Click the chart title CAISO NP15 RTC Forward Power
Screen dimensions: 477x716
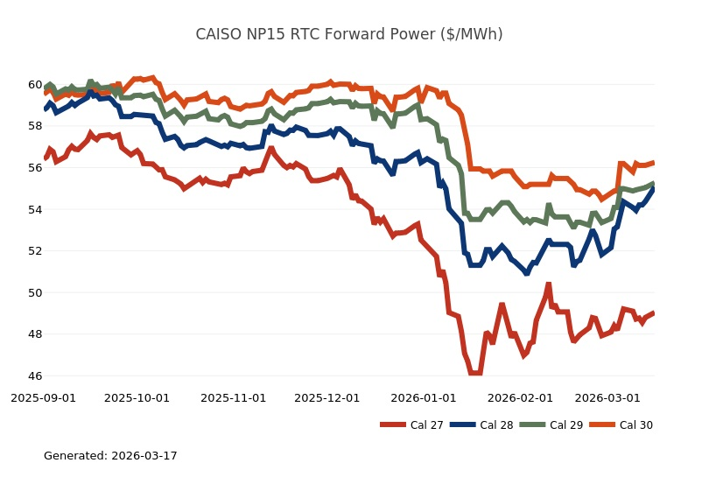click(x=348, y=35)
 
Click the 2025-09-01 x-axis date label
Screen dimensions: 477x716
click(x=43, y=397)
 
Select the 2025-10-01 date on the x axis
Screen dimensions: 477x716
click(x=137, y=397)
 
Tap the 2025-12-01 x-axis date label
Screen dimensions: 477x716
click(x=326, y=397)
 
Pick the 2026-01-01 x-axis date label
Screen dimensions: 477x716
click(x=423, y=397)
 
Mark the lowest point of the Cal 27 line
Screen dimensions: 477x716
click(x=474, y=373)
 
